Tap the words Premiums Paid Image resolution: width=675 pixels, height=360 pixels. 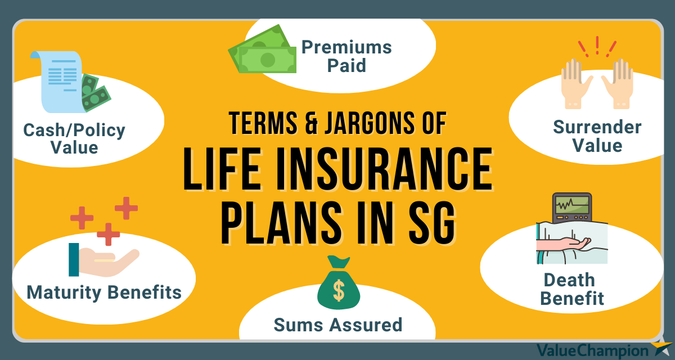(346, 56)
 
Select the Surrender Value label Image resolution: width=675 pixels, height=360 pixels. (597, 136)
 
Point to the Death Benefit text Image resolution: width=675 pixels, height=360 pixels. (571, 289)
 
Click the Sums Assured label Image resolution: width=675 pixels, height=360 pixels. (338, 325)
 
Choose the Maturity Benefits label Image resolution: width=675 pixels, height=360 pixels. (104, 292)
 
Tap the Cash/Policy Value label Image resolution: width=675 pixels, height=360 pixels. (74, 138)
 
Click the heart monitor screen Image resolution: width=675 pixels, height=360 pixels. (572, 205)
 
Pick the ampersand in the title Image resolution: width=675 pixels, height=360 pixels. (311, 123)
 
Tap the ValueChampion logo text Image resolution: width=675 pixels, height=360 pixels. (592, 350)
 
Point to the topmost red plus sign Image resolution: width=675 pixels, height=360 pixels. (126, 208)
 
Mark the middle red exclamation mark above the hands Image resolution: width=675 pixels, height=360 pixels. (597, 45)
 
